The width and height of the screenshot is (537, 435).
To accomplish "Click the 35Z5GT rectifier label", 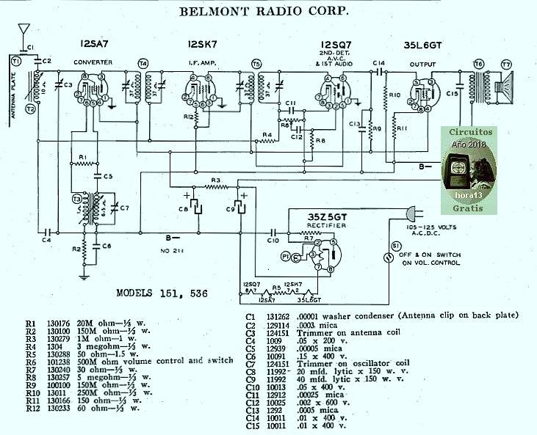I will [x=328, y=216].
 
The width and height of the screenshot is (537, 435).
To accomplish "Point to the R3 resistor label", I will [x=215, y=179].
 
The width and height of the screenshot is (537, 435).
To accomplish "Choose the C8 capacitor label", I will [x=184, y=210].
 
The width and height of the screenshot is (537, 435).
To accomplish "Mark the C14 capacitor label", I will [x=378, y=62].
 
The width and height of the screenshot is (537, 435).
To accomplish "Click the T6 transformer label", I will [x=479, y=65].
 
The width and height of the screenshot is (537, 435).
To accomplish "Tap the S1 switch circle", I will [x=397, y=246].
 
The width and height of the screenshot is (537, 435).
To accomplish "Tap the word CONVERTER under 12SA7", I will [x=93, y=62].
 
